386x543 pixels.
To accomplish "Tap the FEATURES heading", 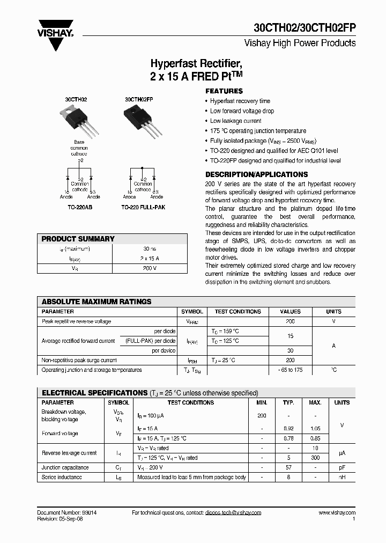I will click(224, 91).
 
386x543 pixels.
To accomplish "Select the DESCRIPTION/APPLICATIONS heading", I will click(257, 174).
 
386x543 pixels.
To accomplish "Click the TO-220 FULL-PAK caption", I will click(142, 207).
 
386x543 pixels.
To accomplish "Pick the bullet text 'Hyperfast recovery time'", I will click(240, 101).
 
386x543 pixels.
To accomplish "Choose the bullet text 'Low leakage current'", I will click(236, 121).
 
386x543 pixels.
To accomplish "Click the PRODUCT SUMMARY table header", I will click(78, 239).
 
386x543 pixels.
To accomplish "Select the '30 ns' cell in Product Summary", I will click(150, 249).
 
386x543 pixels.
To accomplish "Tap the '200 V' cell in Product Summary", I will click(150, 268).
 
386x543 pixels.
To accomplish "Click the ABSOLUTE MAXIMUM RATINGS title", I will click(96, 302).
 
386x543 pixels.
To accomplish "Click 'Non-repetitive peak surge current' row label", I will click(79, 360).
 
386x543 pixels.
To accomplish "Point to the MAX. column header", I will click(315, 402).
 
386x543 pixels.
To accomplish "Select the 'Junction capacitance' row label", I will click(65, 467).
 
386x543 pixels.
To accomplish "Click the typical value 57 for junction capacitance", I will click(288, 467).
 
